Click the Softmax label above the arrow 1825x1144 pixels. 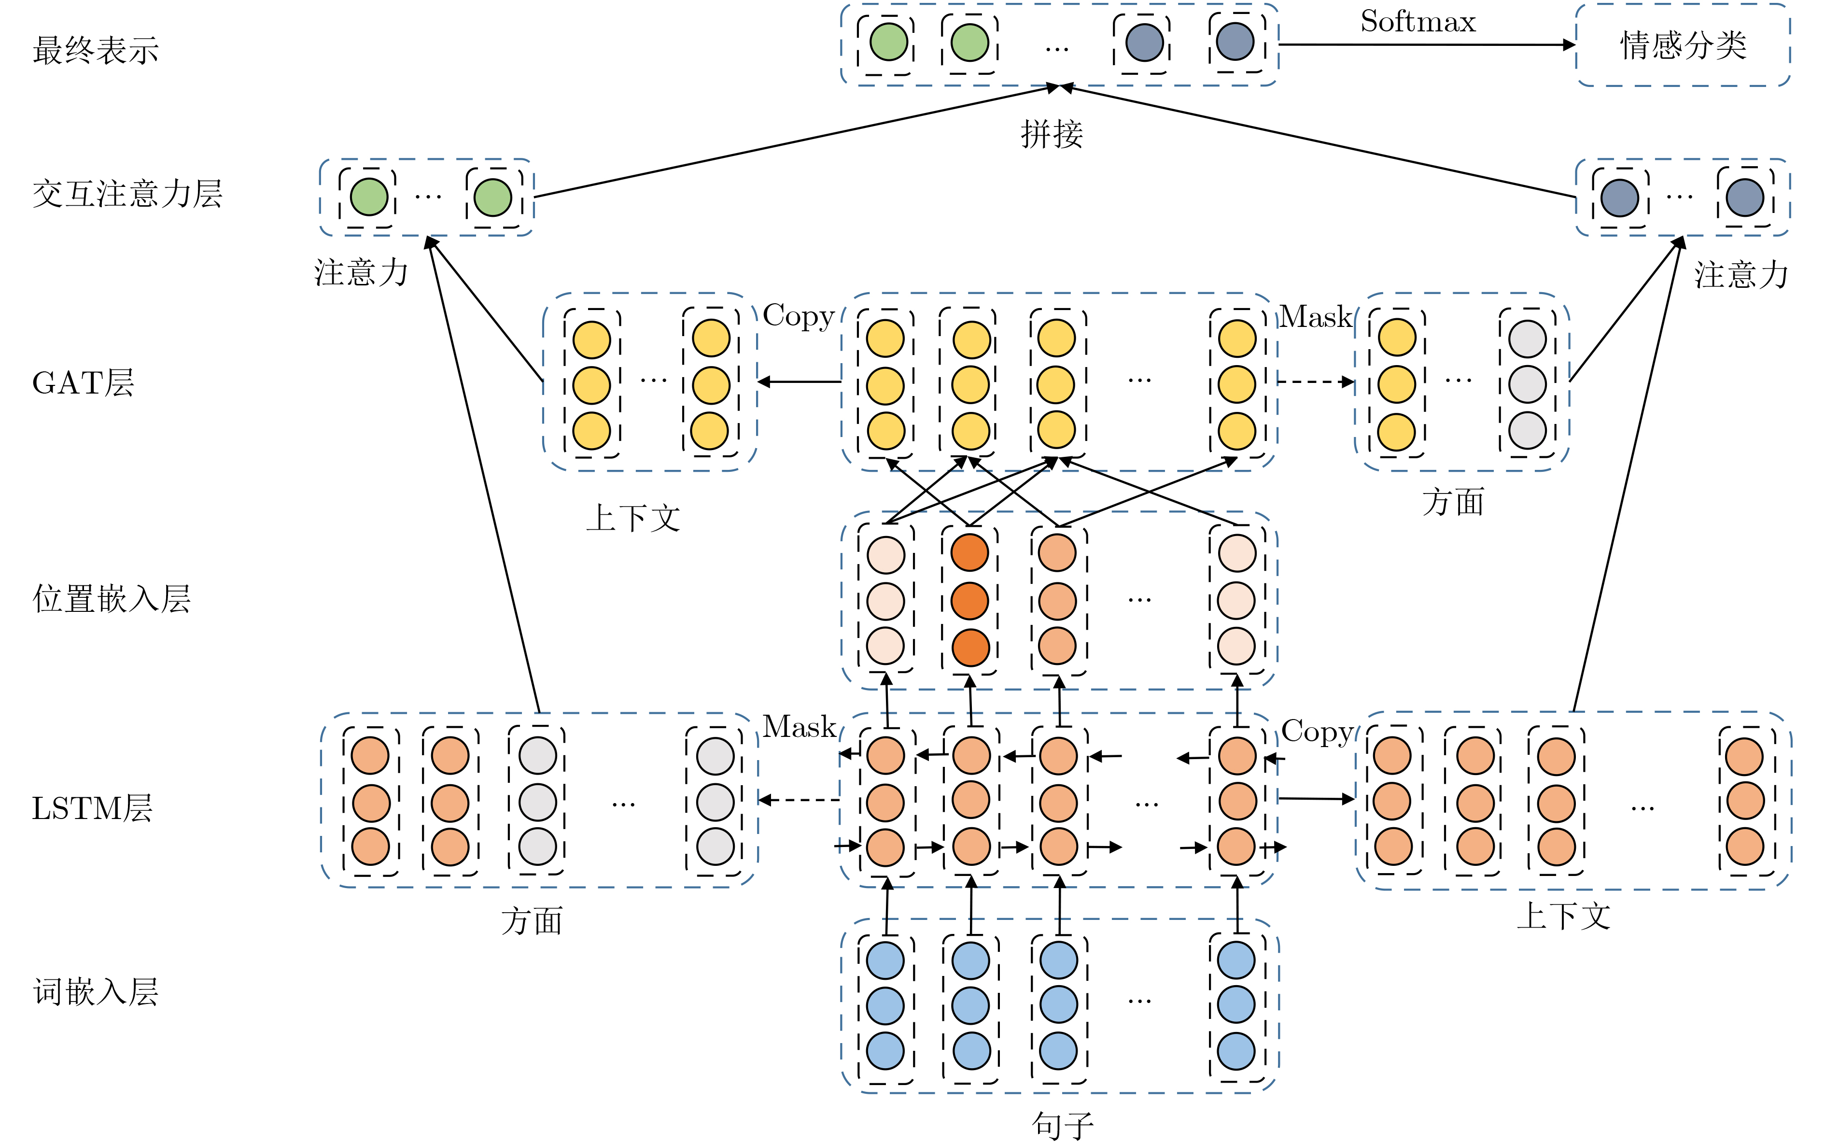1418,21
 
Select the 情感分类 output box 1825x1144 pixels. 1682,45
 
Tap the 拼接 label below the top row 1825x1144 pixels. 1051,134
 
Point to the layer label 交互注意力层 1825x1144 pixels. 127,194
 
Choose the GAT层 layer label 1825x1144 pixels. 83,383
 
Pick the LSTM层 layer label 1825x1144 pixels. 92,808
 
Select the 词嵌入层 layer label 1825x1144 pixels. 96,992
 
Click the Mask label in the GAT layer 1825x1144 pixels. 1315,317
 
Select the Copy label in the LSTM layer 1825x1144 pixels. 1317,732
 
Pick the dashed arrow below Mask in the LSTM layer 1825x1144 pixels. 799,799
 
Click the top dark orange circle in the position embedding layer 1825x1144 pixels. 969,553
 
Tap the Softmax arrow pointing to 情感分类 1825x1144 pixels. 1426,44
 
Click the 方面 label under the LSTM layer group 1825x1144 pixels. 532,921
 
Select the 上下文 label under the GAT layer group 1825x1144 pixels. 633,518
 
